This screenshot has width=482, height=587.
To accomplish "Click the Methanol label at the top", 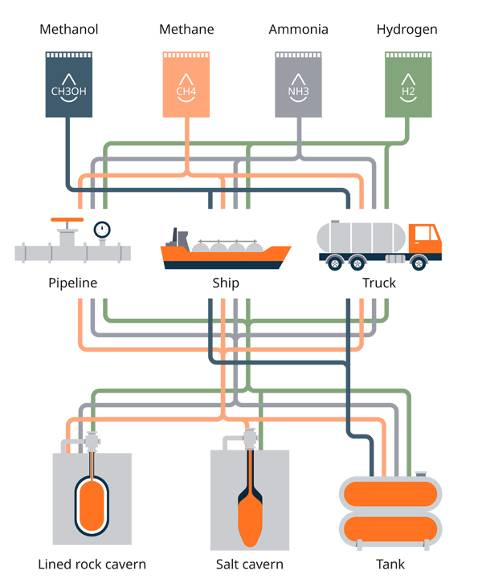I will (x=68, y=30).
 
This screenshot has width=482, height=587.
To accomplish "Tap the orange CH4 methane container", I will (x=186, y=84).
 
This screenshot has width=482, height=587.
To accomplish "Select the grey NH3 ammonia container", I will (x=298, y=84).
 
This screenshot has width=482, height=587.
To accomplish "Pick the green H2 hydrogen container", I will (x=408, y=84).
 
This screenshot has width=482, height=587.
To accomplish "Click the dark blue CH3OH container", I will (x=68, y=84).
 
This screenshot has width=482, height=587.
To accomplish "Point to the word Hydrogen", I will (x=406, y=30).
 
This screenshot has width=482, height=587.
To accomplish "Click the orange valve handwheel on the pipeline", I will (x=66, y=219).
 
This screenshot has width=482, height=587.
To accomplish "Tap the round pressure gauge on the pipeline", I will (x=101, y=230).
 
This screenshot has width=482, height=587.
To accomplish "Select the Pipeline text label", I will (x=72, y=283).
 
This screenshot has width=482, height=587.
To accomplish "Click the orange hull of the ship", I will (x=225, y=259).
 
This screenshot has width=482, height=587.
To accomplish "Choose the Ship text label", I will (x=226, y=283).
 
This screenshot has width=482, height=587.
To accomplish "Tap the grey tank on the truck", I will (x=361, y=236).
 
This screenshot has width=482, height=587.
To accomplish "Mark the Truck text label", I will (x=379, y=283).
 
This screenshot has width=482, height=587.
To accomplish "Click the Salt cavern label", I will (x=250, y=565).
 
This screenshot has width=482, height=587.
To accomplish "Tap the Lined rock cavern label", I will (x=92, y=565).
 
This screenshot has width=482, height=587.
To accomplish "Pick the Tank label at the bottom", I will (x=390, y=565).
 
